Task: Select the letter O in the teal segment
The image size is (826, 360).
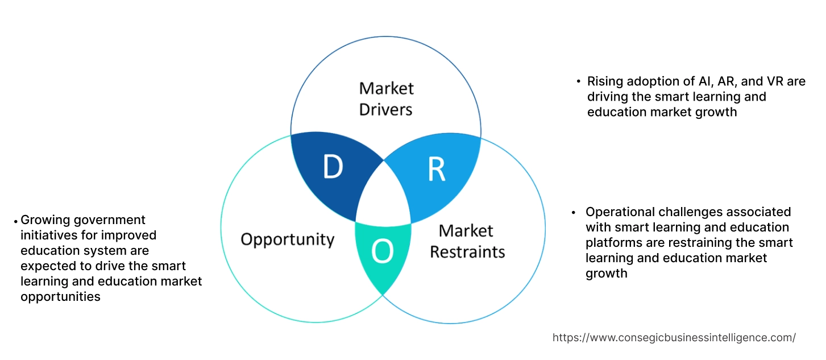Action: tap(383, 252)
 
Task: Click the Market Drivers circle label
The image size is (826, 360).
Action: tap(386, 98)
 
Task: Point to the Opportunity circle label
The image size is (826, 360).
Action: tap(287, 239)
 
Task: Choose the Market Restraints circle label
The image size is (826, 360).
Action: tap(467, 241)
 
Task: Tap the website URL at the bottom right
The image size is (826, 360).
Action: tap(674, 337)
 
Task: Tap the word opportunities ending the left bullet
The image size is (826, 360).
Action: tap(60, 296)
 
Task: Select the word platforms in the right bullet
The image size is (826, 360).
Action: tap(612, 243)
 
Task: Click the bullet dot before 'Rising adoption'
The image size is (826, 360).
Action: tap(578, 82)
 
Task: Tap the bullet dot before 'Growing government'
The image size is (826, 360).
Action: tap(15, 221)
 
